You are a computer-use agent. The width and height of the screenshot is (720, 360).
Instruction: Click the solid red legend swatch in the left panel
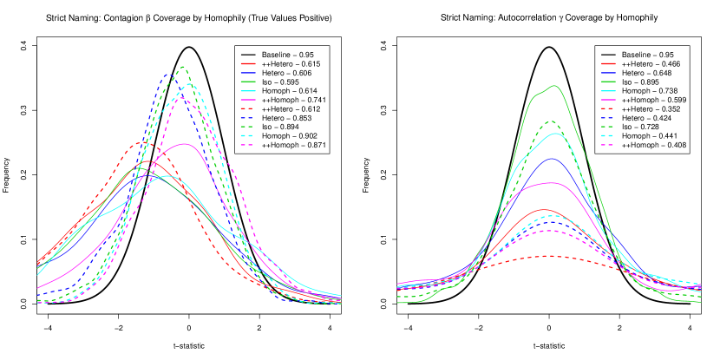coord(248,64)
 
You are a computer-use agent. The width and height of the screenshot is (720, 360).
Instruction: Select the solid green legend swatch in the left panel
coord(248,82)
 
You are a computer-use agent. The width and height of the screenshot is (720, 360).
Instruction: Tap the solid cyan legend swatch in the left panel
coord(248,91)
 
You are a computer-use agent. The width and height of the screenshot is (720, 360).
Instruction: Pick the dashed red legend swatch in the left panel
coord(248,108)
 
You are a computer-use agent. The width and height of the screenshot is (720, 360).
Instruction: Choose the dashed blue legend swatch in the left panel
coord(248,118)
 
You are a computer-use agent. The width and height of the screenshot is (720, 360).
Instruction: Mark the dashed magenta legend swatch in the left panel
coord(248,144)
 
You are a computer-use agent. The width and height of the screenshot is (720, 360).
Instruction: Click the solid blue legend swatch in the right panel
coord(608,73)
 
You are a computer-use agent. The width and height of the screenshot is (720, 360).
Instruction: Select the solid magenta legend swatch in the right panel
coord(608,100)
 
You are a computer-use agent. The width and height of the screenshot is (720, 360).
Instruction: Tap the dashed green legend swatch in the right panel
coord(608,127)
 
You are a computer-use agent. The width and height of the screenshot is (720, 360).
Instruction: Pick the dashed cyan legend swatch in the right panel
coord(608,135)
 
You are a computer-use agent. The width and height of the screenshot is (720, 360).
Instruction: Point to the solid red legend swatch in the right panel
coord(608,64)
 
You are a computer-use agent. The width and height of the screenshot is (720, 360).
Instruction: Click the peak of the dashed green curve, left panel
coord(183,66)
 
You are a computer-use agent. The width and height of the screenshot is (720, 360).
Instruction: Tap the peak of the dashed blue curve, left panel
coord(169,75)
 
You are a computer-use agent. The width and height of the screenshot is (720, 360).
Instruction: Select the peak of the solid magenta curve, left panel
coord(183,144)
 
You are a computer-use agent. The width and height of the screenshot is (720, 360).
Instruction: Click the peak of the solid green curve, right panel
coord(553,85)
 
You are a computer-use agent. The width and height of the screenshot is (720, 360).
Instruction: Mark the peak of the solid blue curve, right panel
coord(551,159)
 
